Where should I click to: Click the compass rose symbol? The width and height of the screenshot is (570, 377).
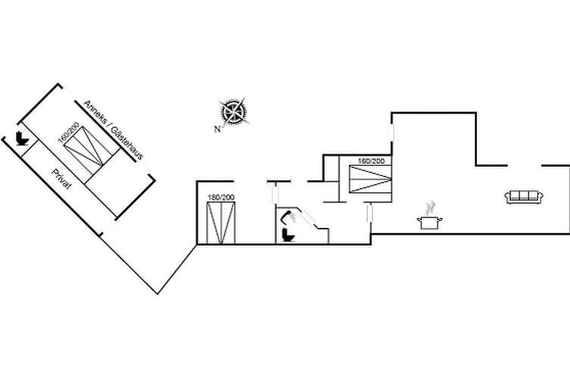coord(234,112)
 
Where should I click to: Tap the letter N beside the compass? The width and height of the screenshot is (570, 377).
coord(218,129)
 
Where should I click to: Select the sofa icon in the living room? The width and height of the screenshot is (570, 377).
coord(524,197)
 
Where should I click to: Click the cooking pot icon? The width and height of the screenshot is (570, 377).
coord(429,223)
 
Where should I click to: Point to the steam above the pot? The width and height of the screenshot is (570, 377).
coord(430,207)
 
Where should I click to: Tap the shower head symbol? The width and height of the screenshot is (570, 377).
coord(290,217)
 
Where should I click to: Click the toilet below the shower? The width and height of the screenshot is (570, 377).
coord(288,235)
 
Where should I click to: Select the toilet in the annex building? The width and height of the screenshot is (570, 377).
coord(22,139)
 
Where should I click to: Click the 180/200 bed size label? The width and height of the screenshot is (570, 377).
coord(221,198)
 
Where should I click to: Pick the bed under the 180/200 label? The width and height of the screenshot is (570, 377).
coord(221,223)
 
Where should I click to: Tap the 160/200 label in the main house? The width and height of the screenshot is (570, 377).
coord(371,160)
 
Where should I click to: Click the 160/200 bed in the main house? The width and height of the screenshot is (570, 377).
coord(370,179)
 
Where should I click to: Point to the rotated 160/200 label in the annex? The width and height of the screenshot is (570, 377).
coord(68,133)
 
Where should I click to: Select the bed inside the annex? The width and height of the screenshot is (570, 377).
coord(92,145)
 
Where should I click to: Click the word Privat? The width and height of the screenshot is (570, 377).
coord(61,179)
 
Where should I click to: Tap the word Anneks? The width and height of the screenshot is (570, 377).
coord(95,112)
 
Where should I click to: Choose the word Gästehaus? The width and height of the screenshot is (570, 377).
coord(127,143)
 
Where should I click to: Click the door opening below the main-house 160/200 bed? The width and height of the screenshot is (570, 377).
coord(370,212)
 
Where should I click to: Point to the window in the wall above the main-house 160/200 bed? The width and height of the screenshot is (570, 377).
coord(391,132)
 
